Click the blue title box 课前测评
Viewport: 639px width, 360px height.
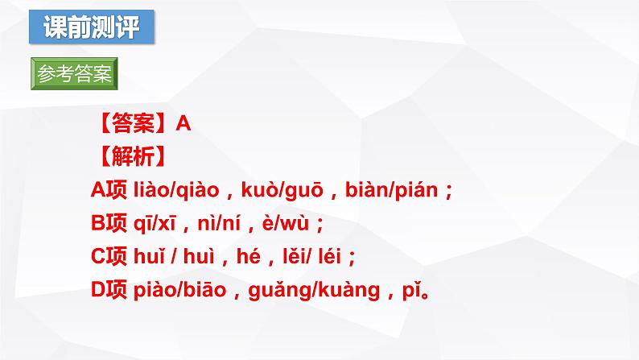[x=90, y=27]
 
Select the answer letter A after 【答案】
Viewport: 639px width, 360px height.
[x=182, y=123]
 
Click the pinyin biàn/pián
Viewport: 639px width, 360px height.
[x=391, y=190]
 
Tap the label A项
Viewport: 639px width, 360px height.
[x=109, y=190]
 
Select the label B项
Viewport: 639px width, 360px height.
[x=109, y=223]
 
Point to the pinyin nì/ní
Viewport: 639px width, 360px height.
[x=217, y=223]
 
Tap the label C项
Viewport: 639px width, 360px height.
[x=109, y=256]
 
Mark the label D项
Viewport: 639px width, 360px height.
[x=109, y=290]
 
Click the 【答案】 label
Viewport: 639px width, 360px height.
[x=133, y=123]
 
